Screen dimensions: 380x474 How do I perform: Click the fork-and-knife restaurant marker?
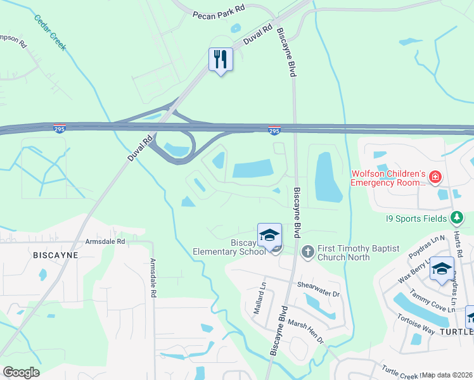tap(221, 60)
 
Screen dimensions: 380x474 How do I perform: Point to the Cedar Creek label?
tap(51, 28)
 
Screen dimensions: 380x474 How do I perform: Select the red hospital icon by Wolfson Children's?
tap(435, 177)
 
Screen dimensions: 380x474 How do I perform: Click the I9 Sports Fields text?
tap(416, 219)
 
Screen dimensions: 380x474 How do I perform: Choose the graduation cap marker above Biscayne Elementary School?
tap(269, 234)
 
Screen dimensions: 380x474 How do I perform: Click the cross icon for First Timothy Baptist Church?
tap(307, 252)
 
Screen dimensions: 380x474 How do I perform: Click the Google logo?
tap(20, 372)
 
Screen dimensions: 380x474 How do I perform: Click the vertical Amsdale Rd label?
tap(153, 278)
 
